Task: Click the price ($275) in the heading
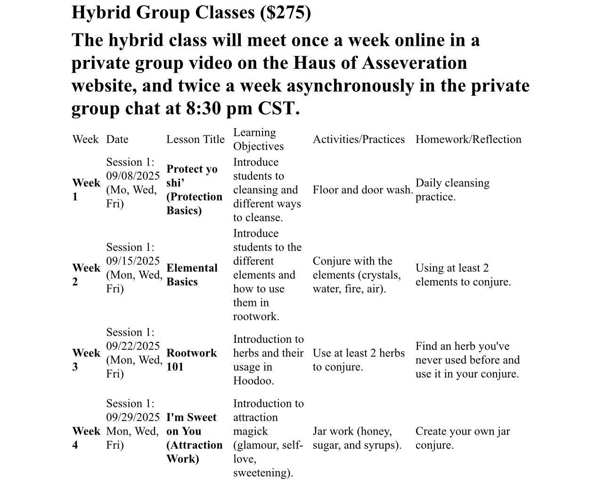pos(286,13)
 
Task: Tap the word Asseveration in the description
pos(414,63)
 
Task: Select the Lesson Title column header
pos(195,140)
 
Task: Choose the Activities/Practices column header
pos(359,140)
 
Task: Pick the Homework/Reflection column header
pos(468,140)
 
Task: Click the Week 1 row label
pos(86,190)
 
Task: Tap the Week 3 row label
pos(86,360)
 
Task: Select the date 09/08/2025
pos(133,176)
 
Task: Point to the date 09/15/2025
pos(133,261)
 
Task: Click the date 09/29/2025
pos(133,417)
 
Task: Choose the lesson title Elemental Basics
pos(192,275)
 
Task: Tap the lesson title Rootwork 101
pos(191,360)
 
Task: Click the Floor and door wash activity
pos(362,190)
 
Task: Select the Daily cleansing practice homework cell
pos(452,190)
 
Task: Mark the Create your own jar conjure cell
pos(462,438)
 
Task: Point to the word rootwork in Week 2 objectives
pos(256,316)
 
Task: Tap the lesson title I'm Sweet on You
pos(191,424)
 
